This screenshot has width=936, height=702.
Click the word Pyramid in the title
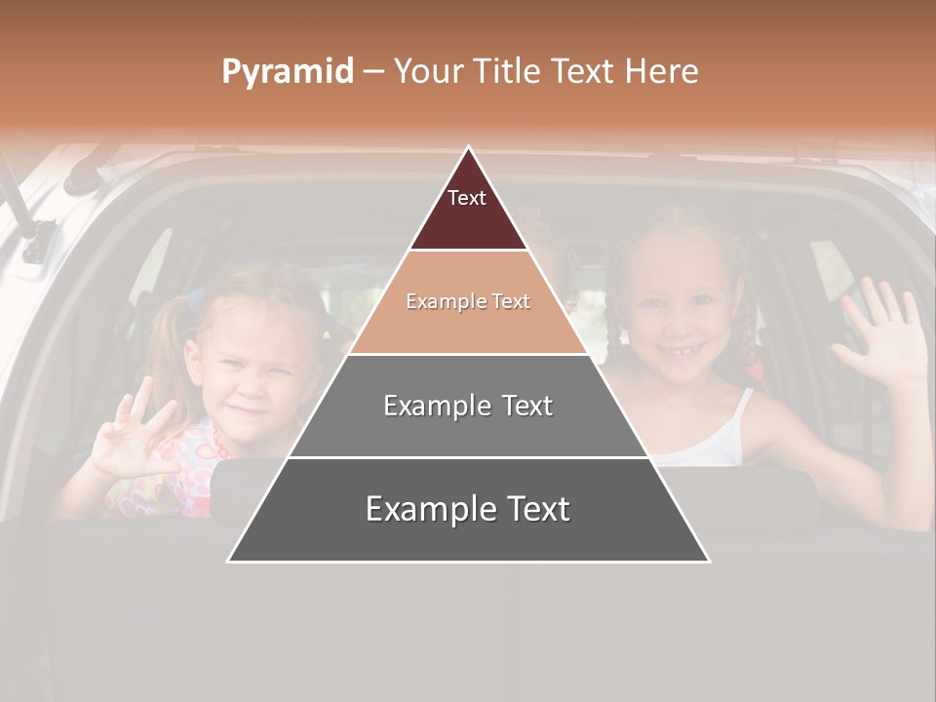[288, 71]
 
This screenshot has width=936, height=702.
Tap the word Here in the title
[661, 71]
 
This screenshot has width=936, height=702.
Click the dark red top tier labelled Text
[468, 210]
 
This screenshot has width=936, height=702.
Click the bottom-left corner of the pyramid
[230, 560]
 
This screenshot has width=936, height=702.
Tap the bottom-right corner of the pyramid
[707, 560]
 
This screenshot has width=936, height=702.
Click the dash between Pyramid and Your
[372, 71]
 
